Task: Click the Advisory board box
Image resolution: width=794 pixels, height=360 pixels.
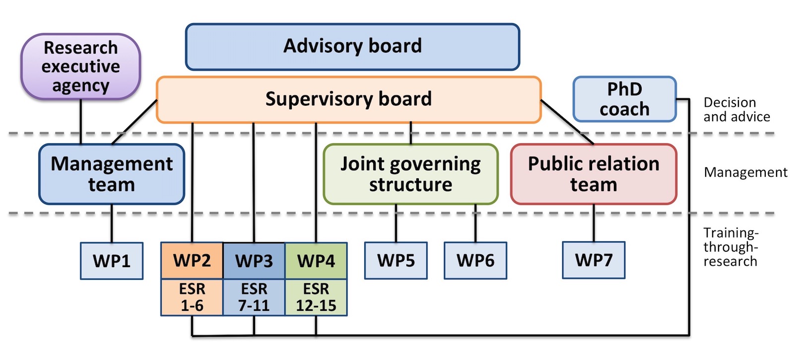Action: pyautogui.click(x=352, y=47)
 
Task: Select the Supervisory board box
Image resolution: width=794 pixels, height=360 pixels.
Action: pyautogui.click(x=348, y=99)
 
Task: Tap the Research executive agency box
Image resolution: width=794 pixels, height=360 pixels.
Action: pyautogui.click(x=81, y=67)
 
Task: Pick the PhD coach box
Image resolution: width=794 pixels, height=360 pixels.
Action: pyautogui.click(x=624, y=99)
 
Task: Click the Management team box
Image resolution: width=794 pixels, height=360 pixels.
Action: pyautogui.click(x=112, y=174)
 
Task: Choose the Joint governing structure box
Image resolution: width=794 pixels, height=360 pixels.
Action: pyautogui.click(x=410, y=174)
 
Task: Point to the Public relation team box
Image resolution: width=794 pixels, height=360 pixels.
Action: pyautogui.click(x=594, y=174)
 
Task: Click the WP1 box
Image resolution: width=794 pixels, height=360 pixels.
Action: pyautogui.click(x=112, y=261)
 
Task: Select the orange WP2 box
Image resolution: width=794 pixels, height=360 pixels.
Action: pyautogui.click(x=192, y=261)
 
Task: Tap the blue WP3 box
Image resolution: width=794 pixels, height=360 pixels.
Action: pyautogui.click(x=254, y=261)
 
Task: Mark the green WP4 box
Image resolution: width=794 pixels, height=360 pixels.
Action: pyautogui.click(x=316, y=261)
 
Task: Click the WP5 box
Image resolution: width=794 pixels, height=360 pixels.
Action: pyautogui.click(x=396, y=261)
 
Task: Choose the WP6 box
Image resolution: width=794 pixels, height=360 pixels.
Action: pyautogui.click(x=475, y=261)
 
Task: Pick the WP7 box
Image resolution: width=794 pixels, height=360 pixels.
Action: pyautogui.click(x=594, y=260)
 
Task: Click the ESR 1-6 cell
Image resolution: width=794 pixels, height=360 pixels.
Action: pyautogui.click(x=192, y=297)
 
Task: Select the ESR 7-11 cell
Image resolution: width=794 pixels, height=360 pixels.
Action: pyautogui.click(x=254, y=297)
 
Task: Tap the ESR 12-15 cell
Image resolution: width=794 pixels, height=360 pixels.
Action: pyautogui.click(x=316, y=297)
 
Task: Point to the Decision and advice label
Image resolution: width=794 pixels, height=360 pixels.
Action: pyautogui.click(x=736, y=110)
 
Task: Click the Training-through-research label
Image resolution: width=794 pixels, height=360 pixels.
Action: pyautogui.click(x=730, y=247)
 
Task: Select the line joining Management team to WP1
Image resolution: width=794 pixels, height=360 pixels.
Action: pyautogui.click(x=112, y=223)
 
